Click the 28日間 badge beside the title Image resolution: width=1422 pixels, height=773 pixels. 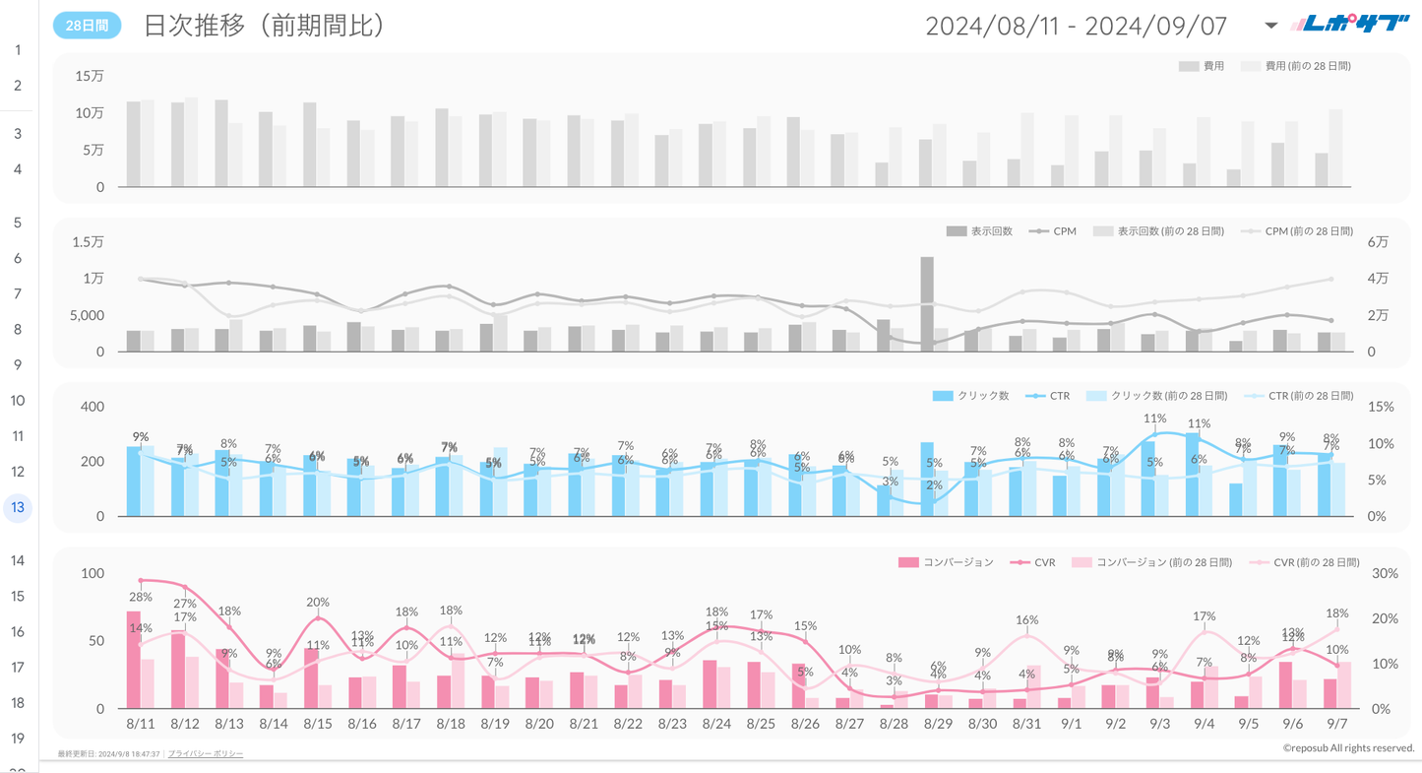click(x=87, y=26)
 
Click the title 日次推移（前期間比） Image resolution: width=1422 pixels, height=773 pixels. click(x=264, y=26)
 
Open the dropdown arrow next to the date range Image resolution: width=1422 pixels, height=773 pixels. click(x=1270, y=26)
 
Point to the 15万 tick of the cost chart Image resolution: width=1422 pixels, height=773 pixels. click(x=90, y=76)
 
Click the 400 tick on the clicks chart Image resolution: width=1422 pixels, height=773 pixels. click(x=92, y=407)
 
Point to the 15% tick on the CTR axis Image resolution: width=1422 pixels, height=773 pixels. click(x=1381, y=407)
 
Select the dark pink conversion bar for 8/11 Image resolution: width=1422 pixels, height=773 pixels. click(x=134, y=660)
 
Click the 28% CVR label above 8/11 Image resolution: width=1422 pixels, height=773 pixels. click(x=141, y=597)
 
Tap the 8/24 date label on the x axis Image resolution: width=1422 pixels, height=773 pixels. click(x=716, y=723)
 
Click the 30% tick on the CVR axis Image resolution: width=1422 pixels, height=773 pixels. click(x=1385, y=573)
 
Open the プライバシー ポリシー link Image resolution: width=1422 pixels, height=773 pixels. click(x=206, y=753)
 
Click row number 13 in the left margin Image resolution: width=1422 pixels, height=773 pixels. click(x=18, y=507)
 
